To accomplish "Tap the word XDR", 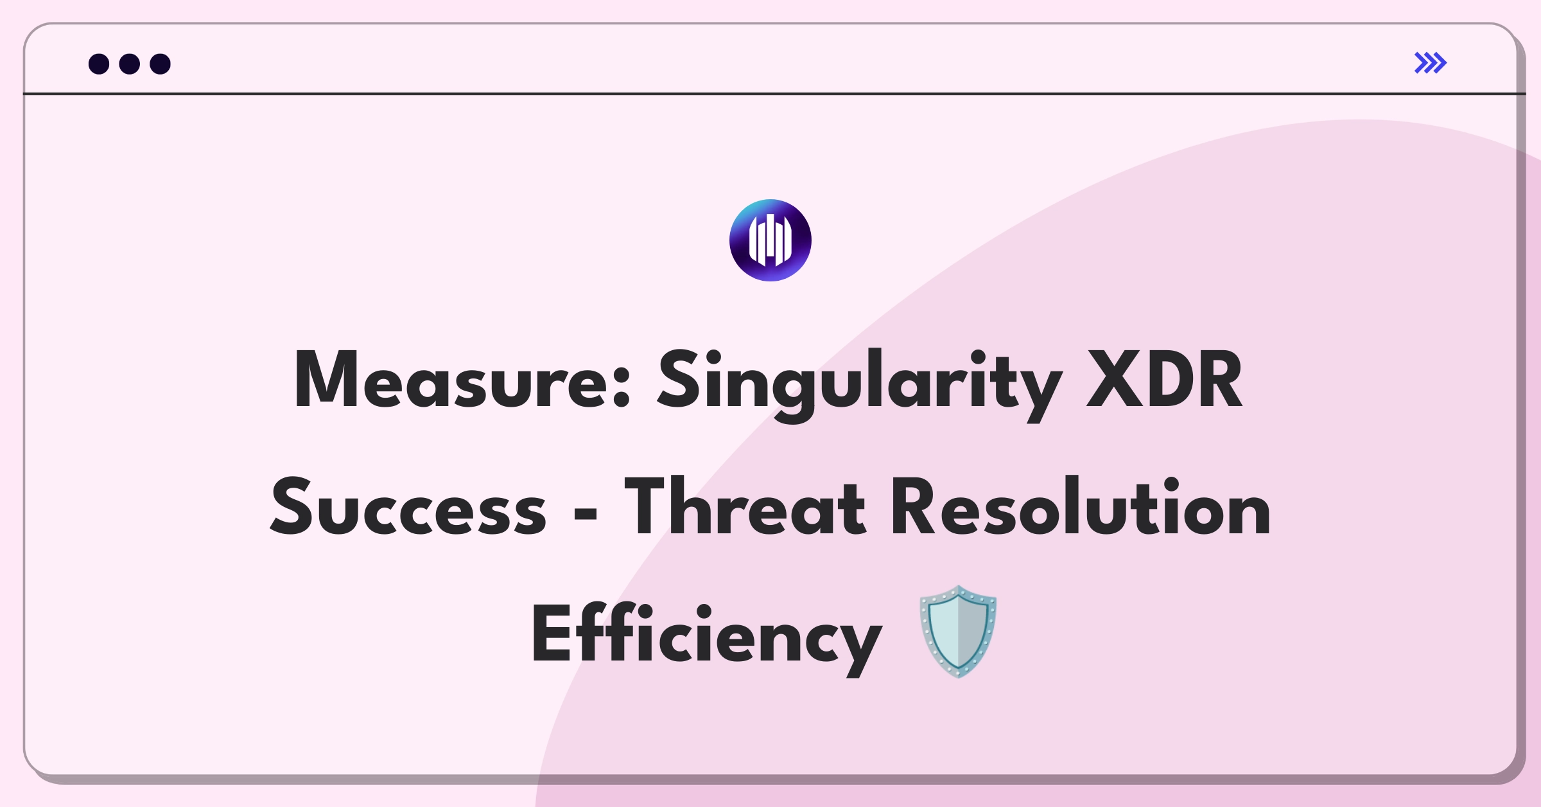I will (1164, 380).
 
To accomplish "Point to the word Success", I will (408, 508).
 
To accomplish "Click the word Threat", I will (745, 508).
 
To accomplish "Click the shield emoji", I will (958, 631).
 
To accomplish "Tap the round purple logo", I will (770, 240).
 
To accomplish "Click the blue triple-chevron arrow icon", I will (1431, 63).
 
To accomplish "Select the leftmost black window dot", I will (99, 64).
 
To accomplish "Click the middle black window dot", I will (130, 64).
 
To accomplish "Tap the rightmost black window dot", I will (160, 64).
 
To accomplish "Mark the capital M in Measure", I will (326, 380).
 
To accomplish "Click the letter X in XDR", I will (1115, 380).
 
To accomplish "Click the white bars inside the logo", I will (770, 240).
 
